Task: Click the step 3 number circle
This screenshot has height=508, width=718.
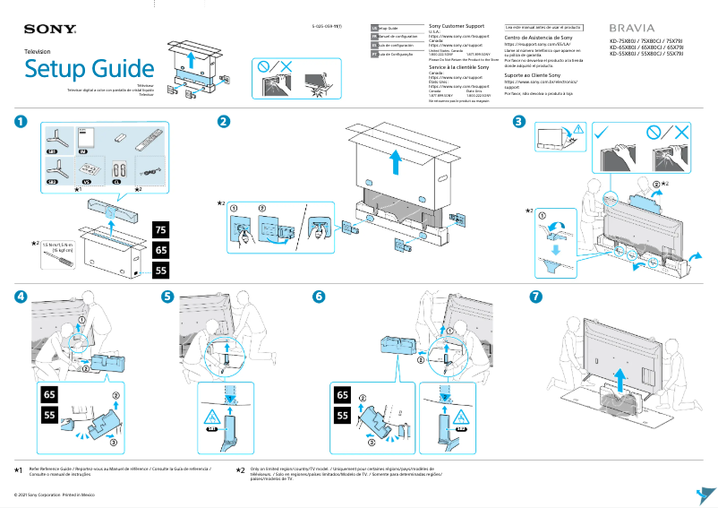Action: pyautogui.click(x=518, y=122)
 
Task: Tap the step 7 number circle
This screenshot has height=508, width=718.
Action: pyautogui.click(x=535, y=297)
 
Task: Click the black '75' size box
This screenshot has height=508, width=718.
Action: pyautogui.click(x=160, y=229)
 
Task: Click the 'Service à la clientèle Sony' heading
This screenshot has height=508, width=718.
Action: pyautogui.click(x=459, y=67)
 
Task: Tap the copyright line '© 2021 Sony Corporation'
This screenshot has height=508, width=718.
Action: pyautogui.click(x=53, y=495)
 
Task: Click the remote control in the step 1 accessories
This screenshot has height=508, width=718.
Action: pyautogui.click(x=150, y=140)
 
